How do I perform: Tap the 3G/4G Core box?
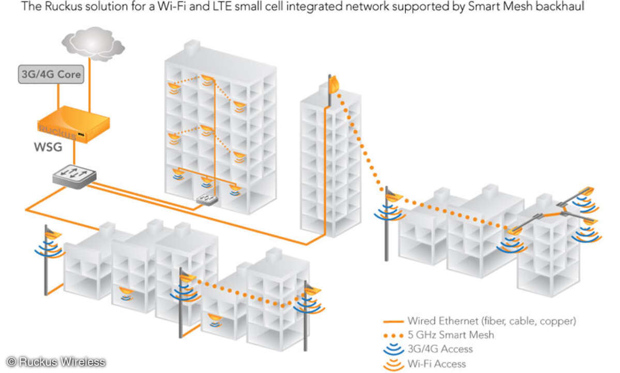point(50,74)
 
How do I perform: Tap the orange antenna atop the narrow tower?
point(332,83)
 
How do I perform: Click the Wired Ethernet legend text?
point(491,321)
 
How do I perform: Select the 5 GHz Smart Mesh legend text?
point(450,335)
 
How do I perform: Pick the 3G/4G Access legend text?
point(440,349)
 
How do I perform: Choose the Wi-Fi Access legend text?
point(436,364)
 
